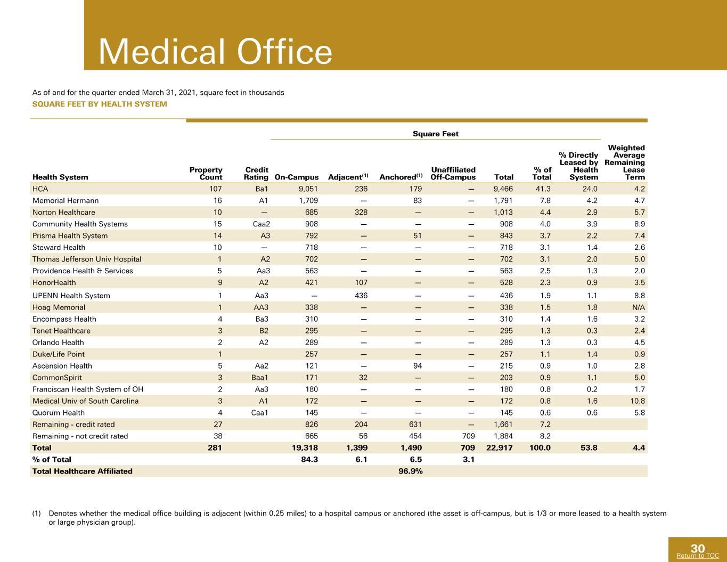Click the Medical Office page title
pos(215,52)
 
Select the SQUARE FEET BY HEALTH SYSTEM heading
pos(100,104)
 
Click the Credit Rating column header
pos(256,173)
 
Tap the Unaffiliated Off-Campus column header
pos(453,173)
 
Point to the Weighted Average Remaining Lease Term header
pos(625,162)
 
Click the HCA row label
pos(40,189)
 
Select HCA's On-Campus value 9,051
pos(308,189)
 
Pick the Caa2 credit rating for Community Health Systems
pos(262,224)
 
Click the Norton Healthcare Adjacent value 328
pos(361,212)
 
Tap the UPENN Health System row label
pos(71,296)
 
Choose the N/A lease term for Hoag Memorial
pos(639,307)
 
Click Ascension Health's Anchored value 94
pos(417,365)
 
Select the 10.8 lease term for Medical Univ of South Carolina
pos(638,401)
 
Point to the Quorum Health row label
pos(59,412)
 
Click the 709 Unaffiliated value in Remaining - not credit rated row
pos(468,436)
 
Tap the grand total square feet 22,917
pos(499,447)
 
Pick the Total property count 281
pos(215,447)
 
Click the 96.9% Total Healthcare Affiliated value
pos(411,471)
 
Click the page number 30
pos(698,549)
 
